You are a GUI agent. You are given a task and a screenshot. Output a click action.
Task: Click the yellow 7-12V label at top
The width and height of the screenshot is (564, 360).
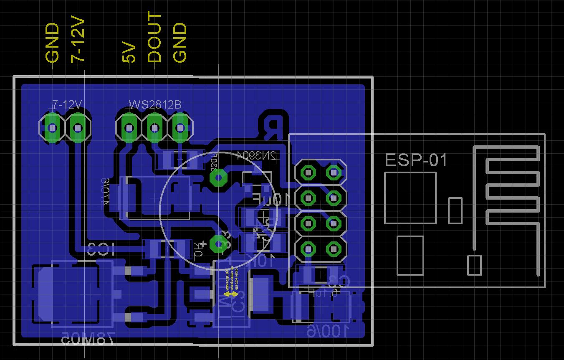[x=78, y=41]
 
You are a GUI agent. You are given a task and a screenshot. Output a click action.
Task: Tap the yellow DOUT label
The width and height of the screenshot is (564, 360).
[x=154, y=38]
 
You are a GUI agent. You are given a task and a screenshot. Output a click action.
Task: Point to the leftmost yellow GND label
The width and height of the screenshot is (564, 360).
[x=53, y=43]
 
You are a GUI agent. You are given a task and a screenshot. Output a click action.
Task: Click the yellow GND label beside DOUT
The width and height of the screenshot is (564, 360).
[x=180, y=43]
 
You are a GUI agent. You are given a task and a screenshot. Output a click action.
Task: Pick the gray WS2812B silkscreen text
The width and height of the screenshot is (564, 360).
[x=155, y=104]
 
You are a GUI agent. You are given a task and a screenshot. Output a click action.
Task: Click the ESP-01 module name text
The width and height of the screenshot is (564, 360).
[x=416, y=160]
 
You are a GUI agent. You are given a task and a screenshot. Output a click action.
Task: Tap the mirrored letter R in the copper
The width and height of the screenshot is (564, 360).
[x=273, y=128]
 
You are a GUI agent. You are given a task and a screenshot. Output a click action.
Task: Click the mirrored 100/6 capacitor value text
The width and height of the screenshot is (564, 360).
[x=328, y=331]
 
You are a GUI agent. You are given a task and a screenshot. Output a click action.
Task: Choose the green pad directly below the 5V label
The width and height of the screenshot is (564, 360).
[x=129, y=127]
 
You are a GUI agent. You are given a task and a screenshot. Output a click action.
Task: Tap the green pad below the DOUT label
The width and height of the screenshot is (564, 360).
[x=154, y=127]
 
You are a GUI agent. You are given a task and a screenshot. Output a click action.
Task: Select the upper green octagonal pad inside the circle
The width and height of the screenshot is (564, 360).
[x=218, y=178]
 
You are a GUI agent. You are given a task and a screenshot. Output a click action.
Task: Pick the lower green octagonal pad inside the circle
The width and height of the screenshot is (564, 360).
[x=218, y=243]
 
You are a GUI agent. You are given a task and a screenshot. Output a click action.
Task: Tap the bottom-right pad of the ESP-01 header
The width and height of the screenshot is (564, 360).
[x=333, y=249]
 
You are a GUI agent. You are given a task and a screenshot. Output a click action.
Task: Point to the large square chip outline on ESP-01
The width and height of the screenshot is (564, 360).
[x=410, y=198]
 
